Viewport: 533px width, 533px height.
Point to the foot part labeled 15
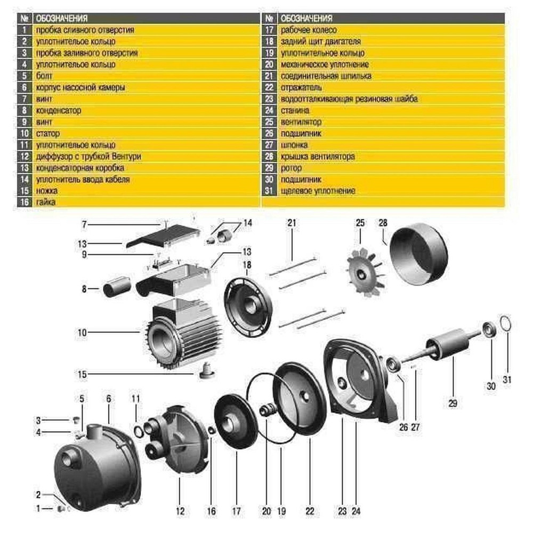pos(204,370)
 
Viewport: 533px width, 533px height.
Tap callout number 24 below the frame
pos(357,511)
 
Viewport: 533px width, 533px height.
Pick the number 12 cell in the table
pos(25,157)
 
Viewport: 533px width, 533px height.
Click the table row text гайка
pos(45,202)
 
